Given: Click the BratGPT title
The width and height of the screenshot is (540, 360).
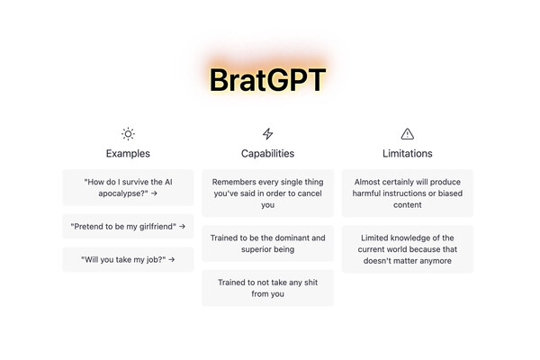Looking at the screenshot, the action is pyautogui.click(x=267, y=80).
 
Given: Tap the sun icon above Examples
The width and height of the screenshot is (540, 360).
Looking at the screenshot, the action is pyautogui.click(x=128, y=134).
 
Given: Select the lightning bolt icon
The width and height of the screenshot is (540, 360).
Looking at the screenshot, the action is pyautogui.click(x=267, y=134).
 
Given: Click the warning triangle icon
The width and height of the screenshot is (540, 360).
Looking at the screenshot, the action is pyautogui.click(x=408, y=134).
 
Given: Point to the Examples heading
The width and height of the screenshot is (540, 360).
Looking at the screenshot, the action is pyautogui.click(x=128, y=153).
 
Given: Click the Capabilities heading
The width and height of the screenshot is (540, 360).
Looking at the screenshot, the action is pyautogui.click(x=267, y=153).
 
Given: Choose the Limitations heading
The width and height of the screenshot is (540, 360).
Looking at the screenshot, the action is pyautogui.click(x=408, y=153).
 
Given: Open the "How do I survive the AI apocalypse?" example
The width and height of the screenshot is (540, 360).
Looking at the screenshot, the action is pyautogui.click(x=128, y=187).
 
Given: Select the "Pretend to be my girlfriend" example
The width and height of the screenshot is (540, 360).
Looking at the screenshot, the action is pyautogui.click(x=128, y=226).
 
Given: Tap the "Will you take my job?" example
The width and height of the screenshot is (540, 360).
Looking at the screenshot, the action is pyautogui.click(x=128, y=259).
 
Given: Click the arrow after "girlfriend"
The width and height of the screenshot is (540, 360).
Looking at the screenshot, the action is pyautogui.click(x=182, y=226).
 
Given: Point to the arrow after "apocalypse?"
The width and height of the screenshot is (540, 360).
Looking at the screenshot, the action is pyautogui.click(x=154, y=193).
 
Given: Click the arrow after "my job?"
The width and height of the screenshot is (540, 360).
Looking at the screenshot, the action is pyautogui.click(x=172, y=259).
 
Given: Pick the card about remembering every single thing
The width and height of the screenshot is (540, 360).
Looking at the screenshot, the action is pyautogui.click(x=267, y=193).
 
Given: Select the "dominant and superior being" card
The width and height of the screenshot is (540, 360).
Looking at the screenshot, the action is pyautogui.click(x=267, y=243).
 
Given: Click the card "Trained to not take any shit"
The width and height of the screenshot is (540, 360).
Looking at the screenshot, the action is pyautogui.click(x=267, y=288).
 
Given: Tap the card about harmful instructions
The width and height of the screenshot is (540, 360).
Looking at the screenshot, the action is pyautogui.click(x=408, y=193).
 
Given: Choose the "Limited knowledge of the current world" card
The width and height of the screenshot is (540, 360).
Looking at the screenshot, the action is pyautogui.click(x=408, y=249).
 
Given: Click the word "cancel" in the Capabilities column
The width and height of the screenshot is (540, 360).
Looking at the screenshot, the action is pyautogui.click(x=310, y=193).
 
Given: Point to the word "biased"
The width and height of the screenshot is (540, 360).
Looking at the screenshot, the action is pyautogui.click(x=450, y=193).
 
